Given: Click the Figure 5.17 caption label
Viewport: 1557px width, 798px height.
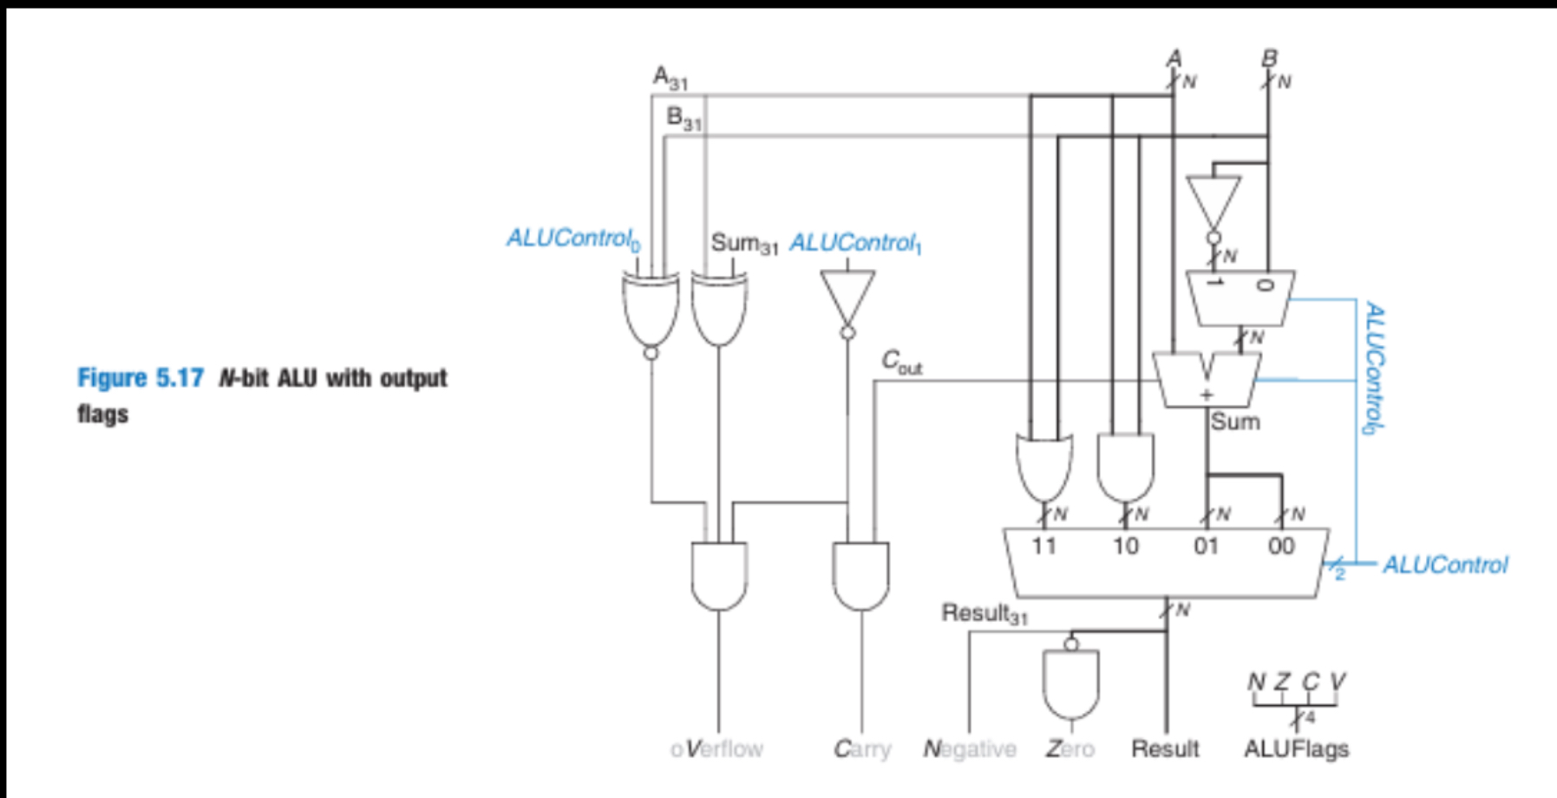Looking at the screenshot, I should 141,378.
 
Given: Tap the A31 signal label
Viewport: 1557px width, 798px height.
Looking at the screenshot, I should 670,78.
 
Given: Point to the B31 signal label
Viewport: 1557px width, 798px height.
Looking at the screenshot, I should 684,117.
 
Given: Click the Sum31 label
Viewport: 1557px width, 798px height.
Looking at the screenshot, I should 743,243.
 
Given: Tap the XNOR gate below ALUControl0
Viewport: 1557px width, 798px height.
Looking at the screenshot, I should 651,309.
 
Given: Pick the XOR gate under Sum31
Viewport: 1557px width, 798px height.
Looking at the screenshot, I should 719,309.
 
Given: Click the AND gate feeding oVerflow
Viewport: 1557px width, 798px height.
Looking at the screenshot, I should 719,574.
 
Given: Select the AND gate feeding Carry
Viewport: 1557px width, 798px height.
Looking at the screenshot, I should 860,574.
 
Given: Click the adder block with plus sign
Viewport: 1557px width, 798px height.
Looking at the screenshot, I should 1207,380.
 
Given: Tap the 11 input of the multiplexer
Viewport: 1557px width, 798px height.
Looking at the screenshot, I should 1043,546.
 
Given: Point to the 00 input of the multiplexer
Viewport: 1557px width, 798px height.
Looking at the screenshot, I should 1280,546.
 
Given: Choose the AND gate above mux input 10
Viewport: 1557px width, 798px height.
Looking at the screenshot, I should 1125,466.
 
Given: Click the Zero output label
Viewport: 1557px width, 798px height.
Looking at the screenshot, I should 1070,749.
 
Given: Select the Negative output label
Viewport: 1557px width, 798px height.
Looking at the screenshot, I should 970,749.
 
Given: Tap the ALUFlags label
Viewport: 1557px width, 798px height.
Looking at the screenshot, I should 1296,749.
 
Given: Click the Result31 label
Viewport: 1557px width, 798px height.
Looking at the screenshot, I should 985,614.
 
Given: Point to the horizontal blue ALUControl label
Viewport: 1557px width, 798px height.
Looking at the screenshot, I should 1445,566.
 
